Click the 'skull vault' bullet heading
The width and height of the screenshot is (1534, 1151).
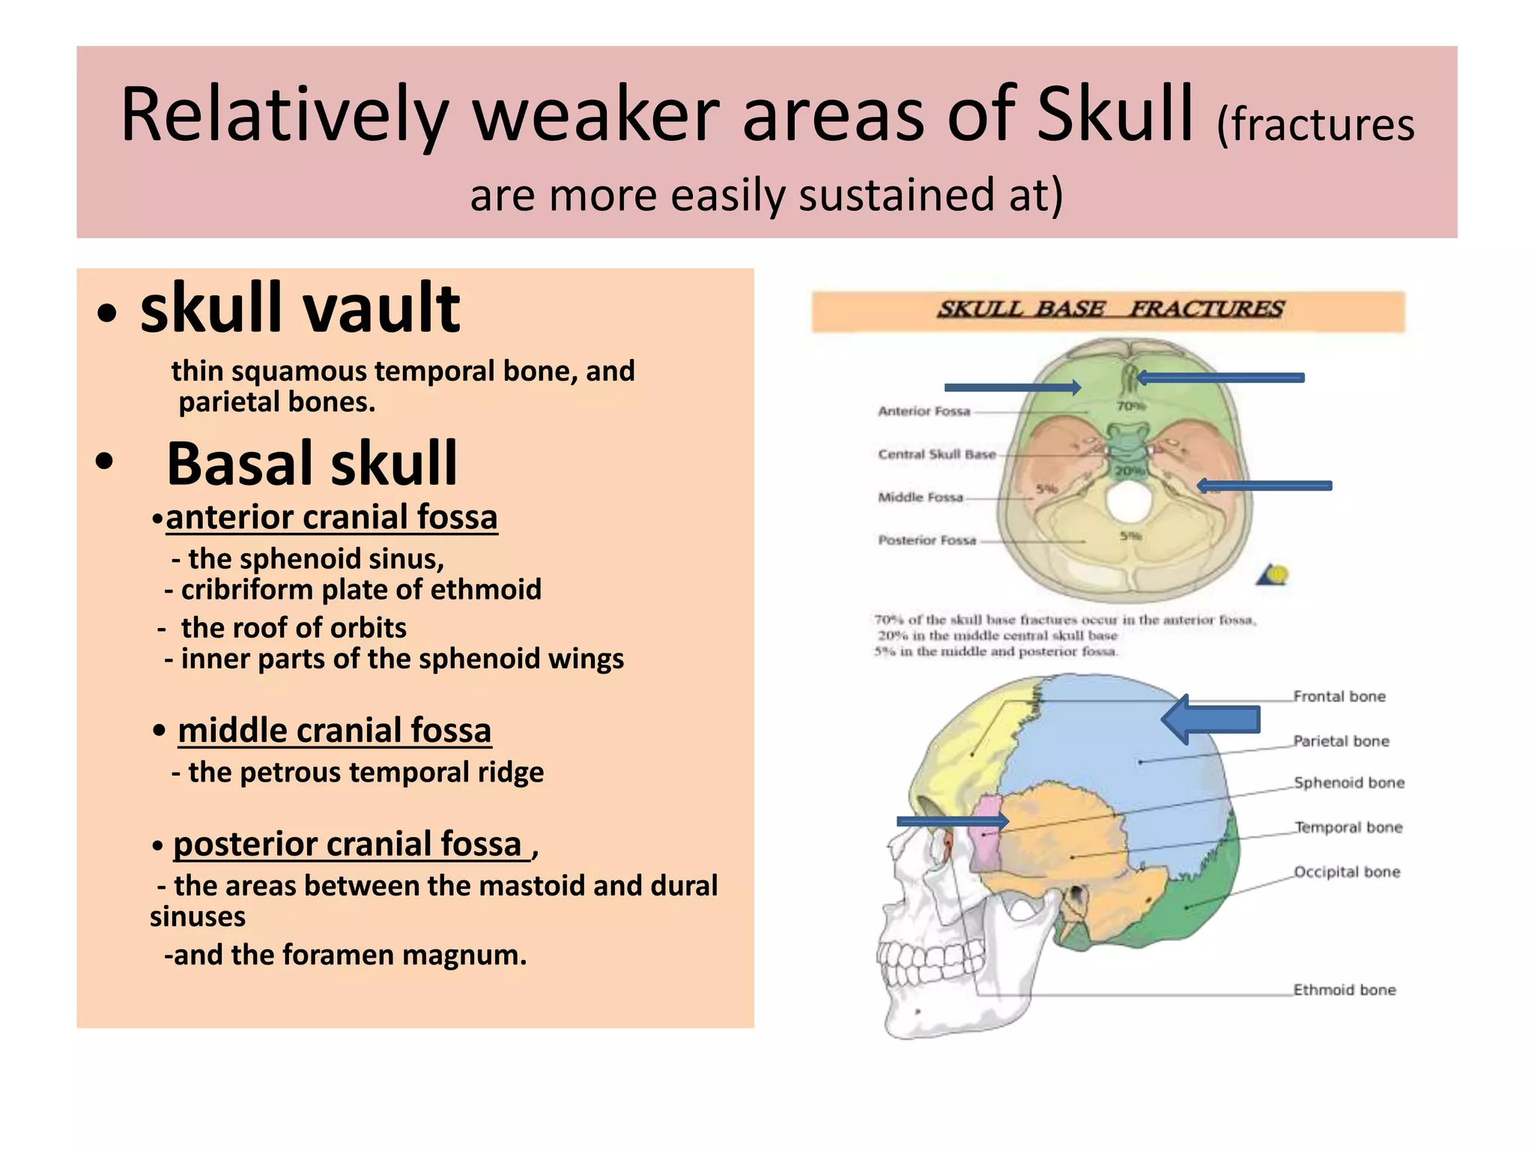click(300, 309)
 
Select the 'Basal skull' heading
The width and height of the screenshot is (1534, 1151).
click(312, 464)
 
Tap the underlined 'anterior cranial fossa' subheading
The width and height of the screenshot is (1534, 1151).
click(331, 518)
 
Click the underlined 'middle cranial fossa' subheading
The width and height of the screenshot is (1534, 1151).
click(334, 731)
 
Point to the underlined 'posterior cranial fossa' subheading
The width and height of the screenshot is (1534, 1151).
click(348, 845)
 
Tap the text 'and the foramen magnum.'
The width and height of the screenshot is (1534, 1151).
click(349, 955)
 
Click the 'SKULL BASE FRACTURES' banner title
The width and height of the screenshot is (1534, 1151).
click(1110, 309)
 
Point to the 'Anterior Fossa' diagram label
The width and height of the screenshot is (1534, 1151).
click(924, 411)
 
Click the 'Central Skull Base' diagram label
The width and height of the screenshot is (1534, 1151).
click(936, 454)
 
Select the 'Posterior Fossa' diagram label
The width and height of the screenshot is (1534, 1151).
click(927, 540)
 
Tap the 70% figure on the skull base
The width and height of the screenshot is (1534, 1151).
click(1130, 406)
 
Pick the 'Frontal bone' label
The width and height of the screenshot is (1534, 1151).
click(1339, 697)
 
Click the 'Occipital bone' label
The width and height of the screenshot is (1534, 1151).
click(1347, 872)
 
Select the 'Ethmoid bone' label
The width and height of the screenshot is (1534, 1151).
click(1344, 990)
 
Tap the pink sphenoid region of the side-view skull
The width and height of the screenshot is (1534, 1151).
click(989, 832)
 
